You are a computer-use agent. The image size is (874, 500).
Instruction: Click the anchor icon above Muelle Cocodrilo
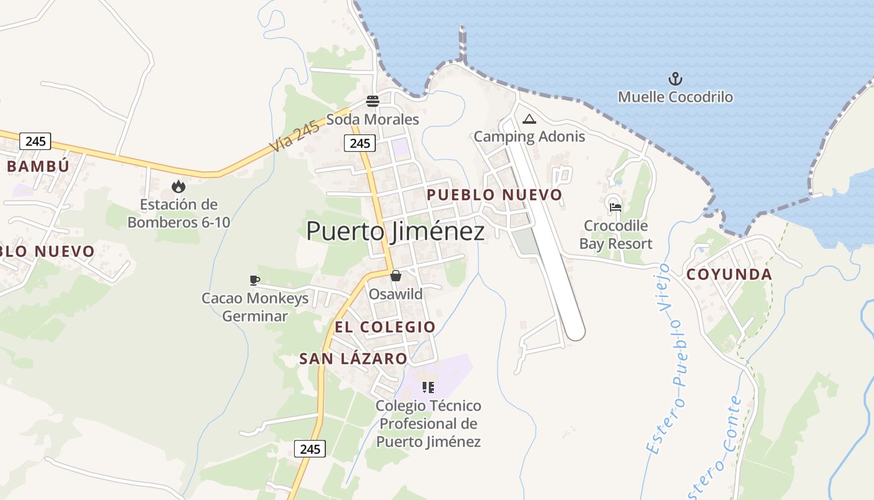675,79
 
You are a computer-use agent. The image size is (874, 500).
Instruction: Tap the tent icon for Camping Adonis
529,119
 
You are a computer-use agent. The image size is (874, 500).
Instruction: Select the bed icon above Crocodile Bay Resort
615,207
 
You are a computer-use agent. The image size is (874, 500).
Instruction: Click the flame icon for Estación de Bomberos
179,186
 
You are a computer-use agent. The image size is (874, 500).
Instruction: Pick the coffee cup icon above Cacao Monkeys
254,280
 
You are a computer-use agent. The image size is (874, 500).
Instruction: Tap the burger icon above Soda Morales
373,101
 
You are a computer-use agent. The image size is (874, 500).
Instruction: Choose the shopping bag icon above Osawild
395,276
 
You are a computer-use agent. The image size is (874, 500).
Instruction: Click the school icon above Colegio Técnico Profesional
428,387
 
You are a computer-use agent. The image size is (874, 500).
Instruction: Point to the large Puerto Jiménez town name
395,231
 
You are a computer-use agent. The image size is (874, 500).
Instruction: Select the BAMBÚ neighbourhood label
38,166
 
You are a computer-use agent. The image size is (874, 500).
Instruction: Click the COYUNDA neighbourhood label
729,274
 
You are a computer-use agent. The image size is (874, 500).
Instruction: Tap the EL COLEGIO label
385,327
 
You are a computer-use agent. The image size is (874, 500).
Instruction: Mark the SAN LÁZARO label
353,359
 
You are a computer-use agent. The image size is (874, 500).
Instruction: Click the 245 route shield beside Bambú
35,141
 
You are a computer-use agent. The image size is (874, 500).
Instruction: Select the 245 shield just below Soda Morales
360,144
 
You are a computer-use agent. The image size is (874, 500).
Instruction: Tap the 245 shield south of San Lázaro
310,449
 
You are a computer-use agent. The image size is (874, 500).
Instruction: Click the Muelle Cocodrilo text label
675,97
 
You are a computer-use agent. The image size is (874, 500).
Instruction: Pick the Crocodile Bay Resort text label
616,235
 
